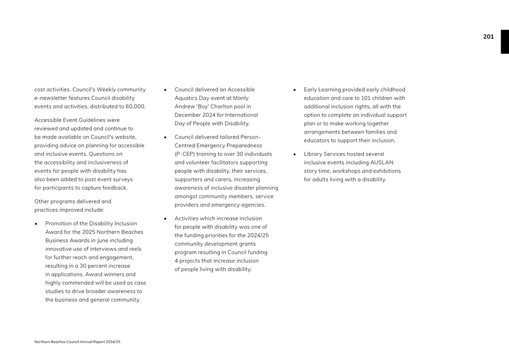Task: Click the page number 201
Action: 488,37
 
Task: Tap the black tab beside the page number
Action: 505,42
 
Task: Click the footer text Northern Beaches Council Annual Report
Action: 77,342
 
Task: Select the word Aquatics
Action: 190,98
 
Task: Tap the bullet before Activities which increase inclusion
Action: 165,219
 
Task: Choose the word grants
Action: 253,244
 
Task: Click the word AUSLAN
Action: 384,162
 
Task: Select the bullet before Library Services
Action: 295,154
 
